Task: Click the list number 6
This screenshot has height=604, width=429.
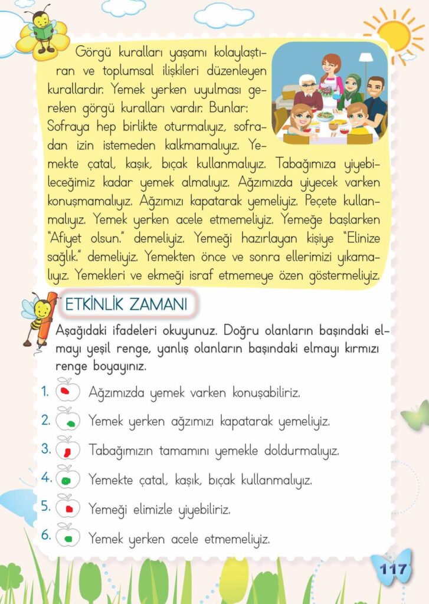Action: click(45, 536)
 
